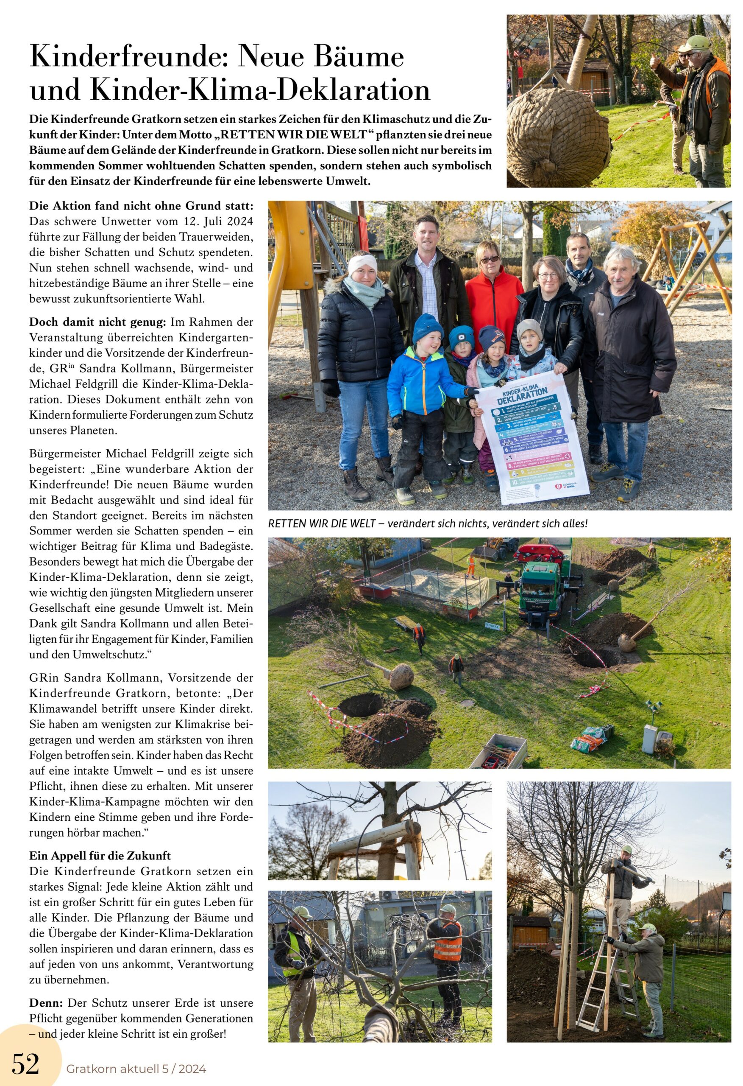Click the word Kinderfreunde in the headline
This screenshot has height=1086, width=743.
point(128,57)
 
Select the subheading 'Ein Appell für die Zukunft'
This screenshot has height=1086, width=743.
point(100,856)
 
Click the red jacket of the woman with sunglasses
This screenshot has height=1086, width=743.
point(494,299)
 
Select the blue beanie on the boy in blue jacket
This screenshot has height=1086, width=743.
point(427,327)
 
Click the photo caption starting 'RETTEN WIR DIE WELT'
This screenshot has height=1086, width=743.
point(427,523)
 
